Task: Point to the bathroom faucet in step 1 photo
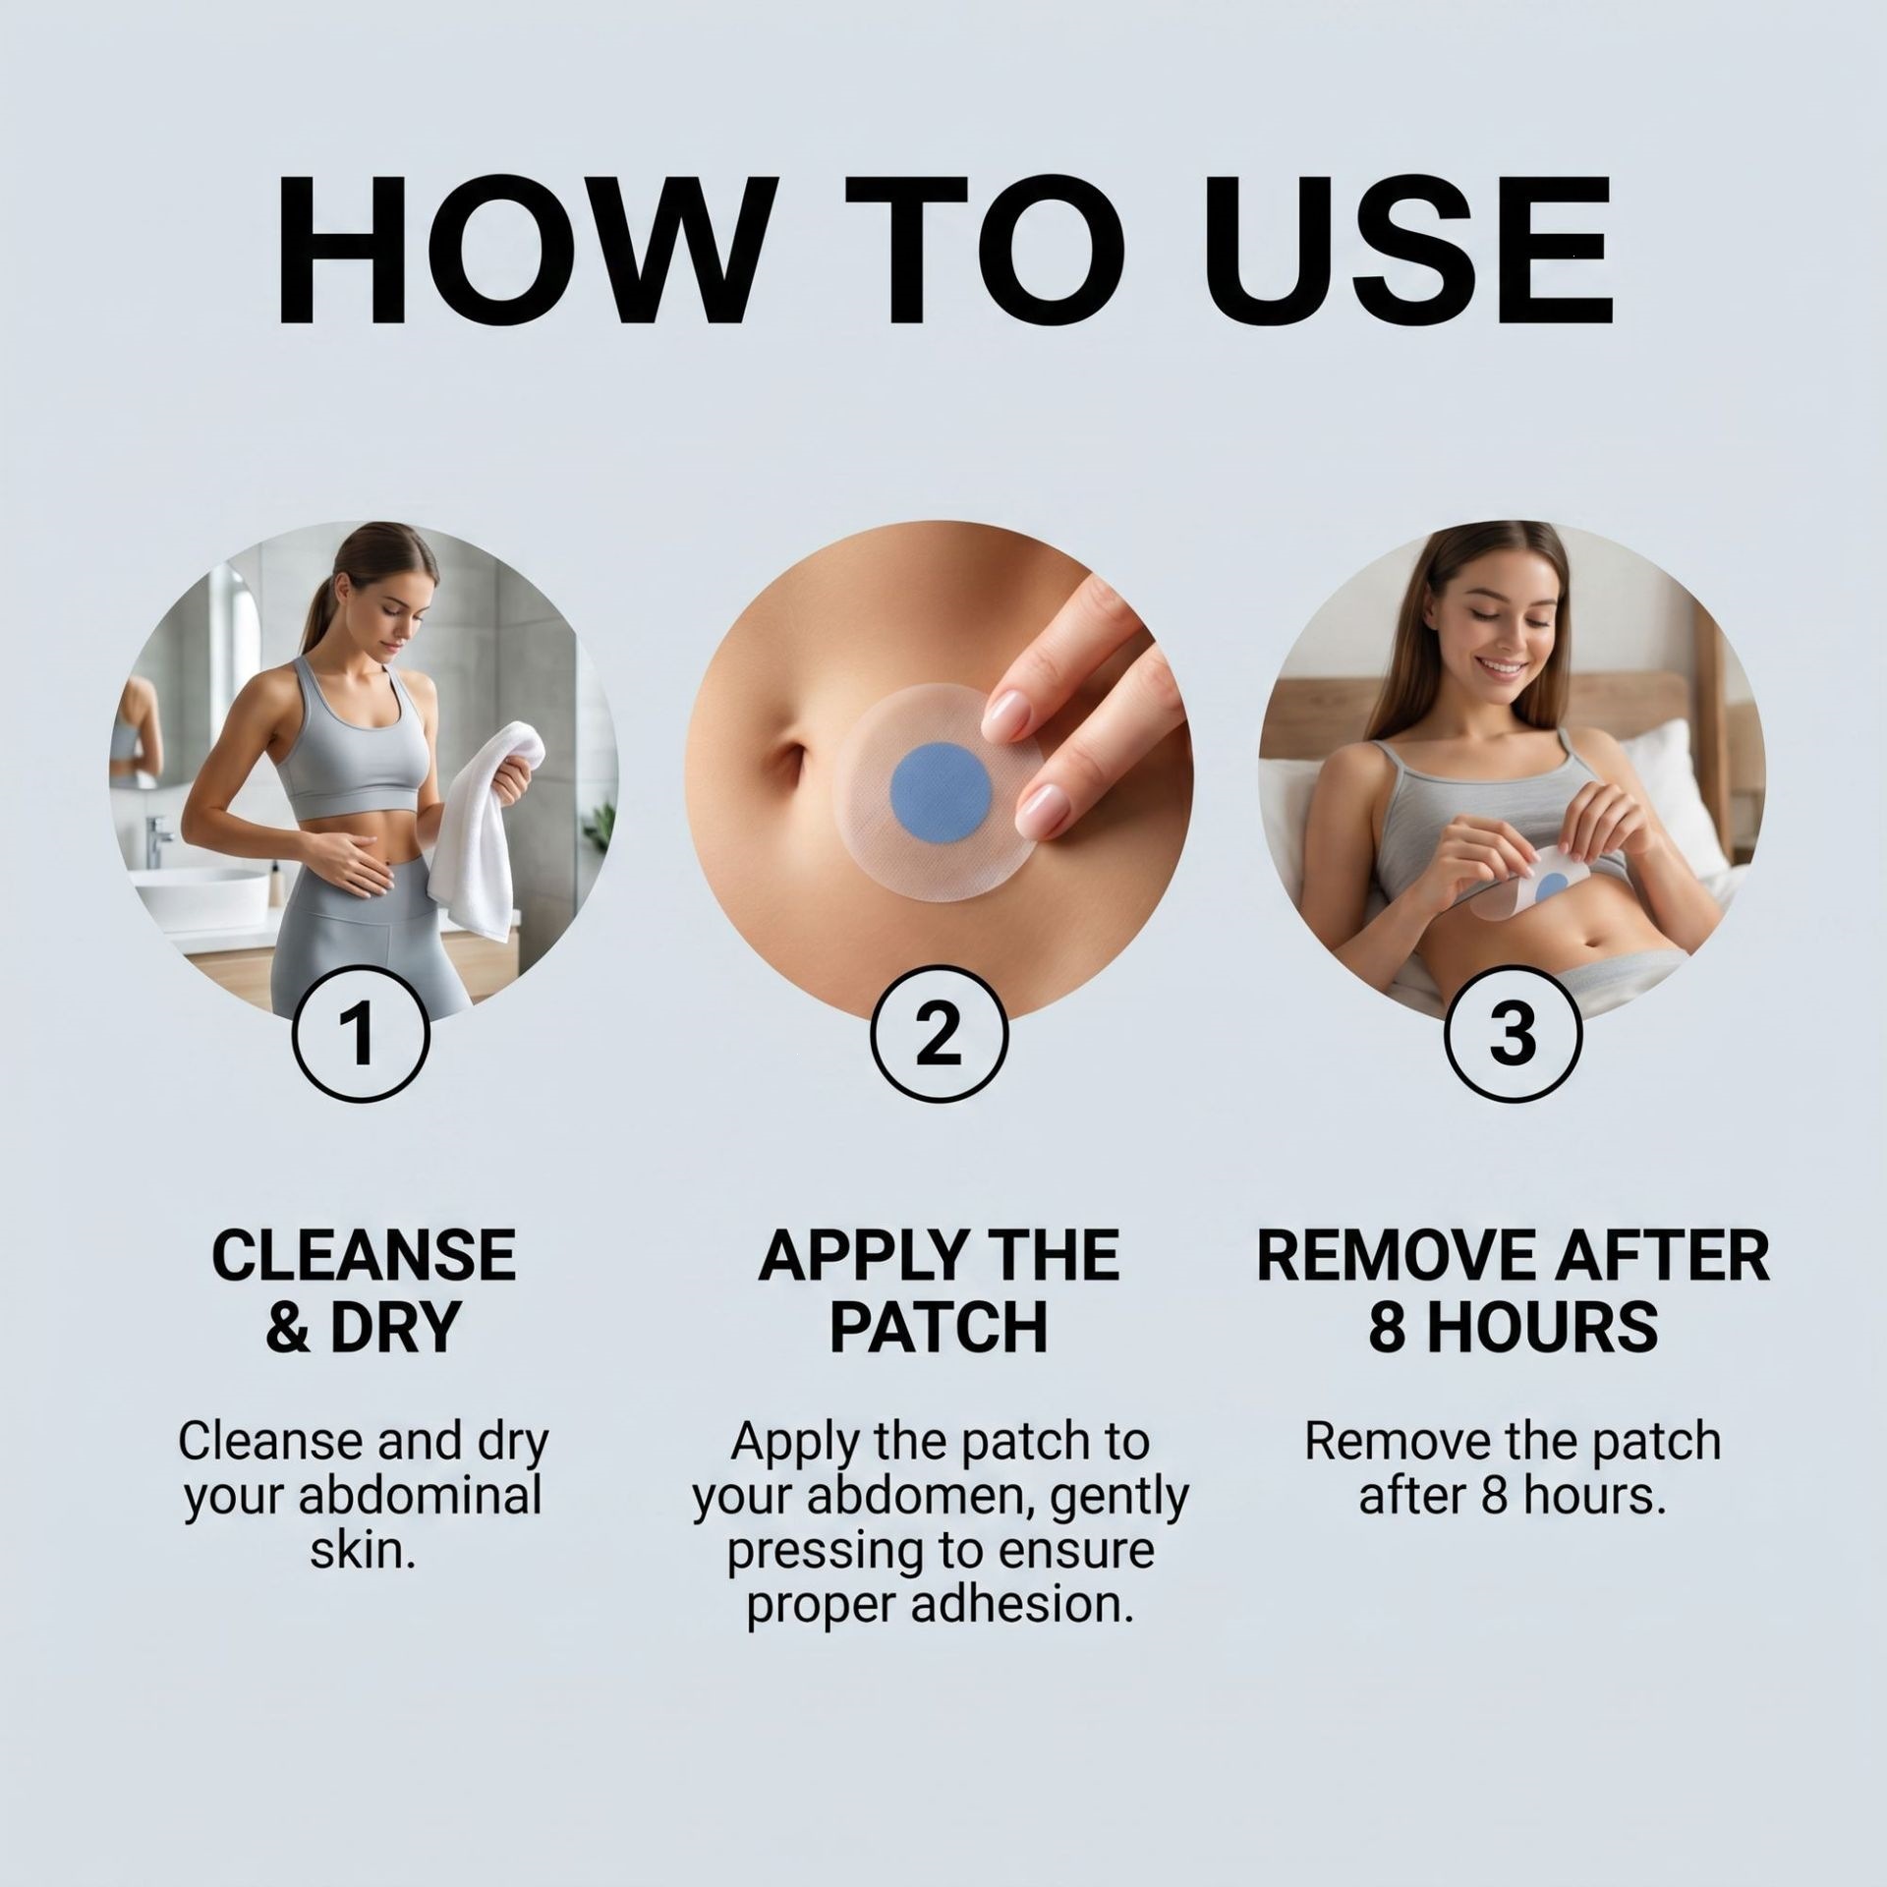(x=158, y=851)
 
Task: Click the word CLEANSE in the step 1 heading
(x=364, y=1256)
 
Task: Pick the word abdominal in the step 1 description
(x=421, y=1496)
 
